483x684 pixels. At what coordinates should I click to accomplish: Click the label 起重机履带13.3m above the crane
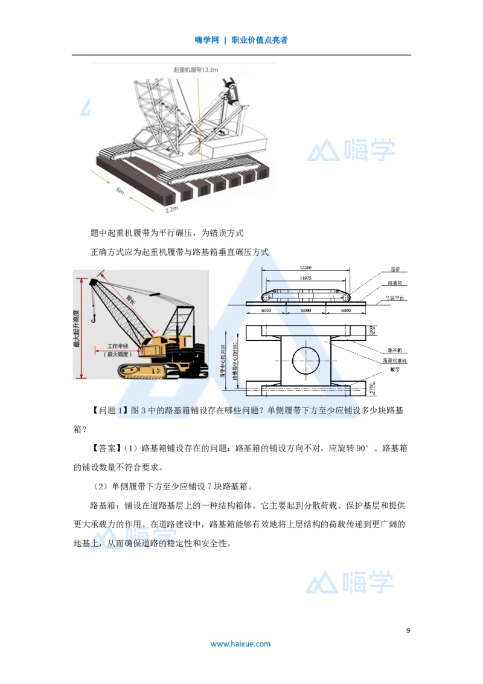[196, 70]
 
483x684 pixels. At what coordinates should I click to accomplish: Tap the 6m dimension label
[120, 192]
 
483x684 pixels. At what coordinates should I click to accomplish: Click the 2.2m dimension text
[171, 210]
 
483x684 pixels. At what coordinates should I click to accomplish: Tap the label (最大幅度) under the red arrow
[121, 354]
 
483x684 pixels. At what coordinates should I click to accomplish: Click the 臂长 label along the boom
[131, 298]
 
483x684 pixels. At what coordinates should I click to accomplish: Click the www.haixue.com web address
[240, 644]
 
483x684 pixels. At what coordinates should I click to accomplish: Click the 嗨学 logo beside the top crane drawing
[350, 150]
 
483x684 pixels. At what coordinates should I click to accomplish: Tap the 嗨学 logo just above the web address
[350, 581]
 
